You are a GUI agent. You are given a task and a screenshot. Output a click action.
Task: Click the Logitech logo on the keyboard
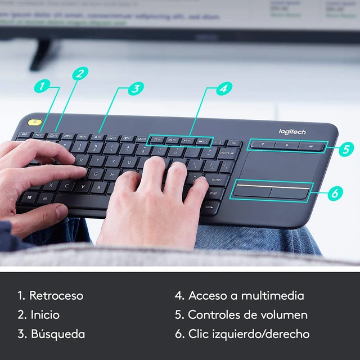292,132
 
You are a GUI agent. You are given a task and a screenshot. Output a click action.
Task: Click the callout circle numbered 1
41,87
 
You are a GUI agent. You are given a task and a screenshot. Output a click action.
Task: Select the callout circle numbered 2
80,73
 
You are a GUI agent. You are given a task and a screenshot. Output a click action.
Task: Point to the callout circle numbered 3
136,88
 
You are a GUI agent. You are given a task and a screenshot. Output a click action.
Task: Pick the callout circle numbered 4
223,88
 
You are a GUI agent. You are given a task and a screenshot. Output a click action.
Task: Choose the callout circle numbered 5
347,149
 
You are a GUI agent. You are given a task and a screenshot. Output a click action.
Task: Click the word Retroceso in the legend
56,295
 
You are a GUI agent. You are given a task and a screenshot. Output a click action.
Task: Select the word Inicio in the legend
44,314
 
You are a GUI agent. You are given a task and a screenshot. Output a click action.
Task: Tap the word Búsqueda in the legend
57,334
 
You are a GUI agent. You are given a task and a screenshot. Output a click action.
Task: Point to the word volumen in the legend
281,314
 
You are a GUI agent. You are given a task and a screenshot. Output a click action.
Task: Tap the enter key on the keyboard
215,179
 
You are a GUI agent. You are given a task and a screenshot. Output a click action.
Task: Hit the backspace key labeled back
228,152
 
